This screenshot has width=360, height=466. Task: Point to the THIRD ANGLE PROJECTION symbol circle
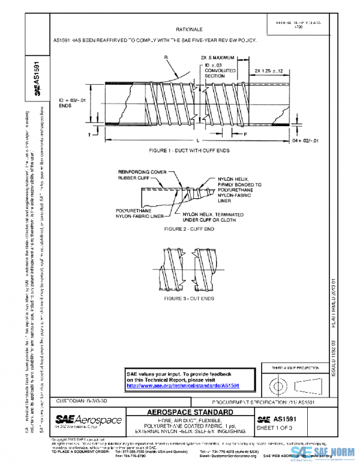(x=278, y=383)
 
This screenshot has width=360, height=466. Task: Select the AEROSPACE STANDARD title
(x=190, y=413)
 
